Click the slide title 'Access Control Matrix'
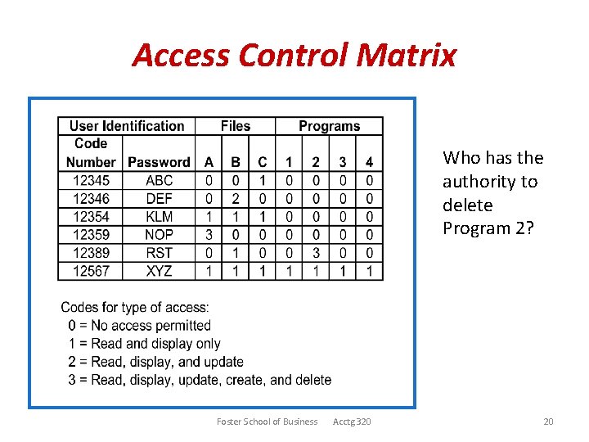tap(294, 56)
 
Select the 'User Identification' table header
tap(127, 126)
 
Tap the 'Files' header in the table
tap(236, 126)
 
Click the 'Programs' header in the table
tap(329, 126)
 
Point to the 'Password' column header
tap(159, 162)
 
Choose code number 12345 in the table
tap(91, 180)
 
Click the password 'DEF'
tap(159, 198)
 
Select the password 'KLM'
tap(159, 216)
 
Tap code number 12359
tap(91, 234)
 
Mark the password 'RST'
tap(159, 252)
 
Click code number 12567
tap(91, 270)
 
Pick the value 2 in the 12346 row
tap(236, 198)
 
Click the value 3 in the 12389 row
tap(316, 252)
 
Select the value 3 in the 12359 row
tap(209, 234)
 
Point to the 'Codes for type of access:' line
tap(135, 308)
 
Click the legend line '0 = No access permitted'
tap(140, 326)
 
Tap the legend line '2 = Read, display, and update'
tap(156, 362)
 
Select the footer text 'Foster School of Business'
tap(267, 422)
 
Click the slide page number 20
tap(548, 422)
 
